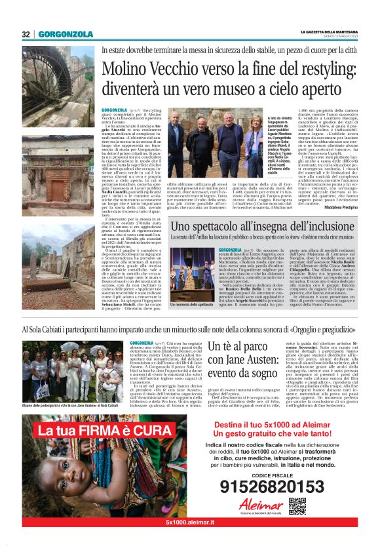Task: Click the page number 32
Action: pos(26,34)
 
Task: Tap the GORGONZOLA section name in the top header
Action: pos(64,34)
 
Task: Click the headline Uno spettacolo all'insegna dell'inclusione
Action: pos(256,227)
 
